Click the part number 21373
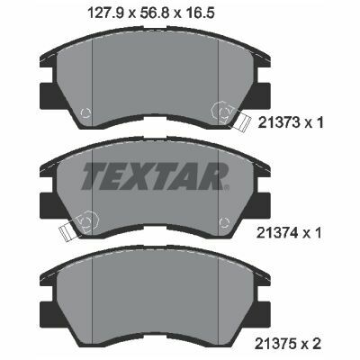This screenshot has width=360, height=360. tap(279, 122)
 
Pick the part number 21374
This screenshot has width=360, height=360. tap(278, 232)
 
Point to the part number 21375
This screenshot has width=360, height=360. tap(277, 344)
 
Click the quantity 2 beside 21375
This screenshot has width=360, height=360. tap(317, 344)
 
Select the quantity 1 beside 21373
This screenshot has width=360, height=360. tap(319, 122)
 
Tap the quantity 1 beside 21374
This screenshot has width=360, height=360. tap(318, 232)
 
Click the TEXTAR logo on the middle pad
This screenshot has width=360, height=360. tap(154, 176)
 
